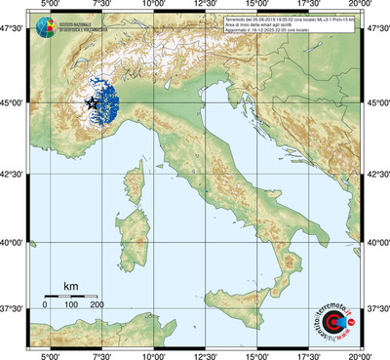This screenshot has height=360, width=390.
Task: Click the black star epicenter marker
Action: point(93,101)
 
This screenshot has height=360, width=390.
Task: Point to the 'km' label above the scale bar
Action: point(70,286)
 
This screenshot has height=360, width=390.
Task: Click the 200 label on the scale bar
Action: point(97,305)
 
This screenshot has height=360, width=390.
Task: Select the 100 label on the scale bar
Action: point(71,305)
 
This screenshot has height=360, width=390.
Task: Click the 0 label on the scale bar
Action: point(45,305)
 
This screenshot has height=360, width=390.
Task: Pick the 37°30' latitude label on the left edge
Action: point(13,308)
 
